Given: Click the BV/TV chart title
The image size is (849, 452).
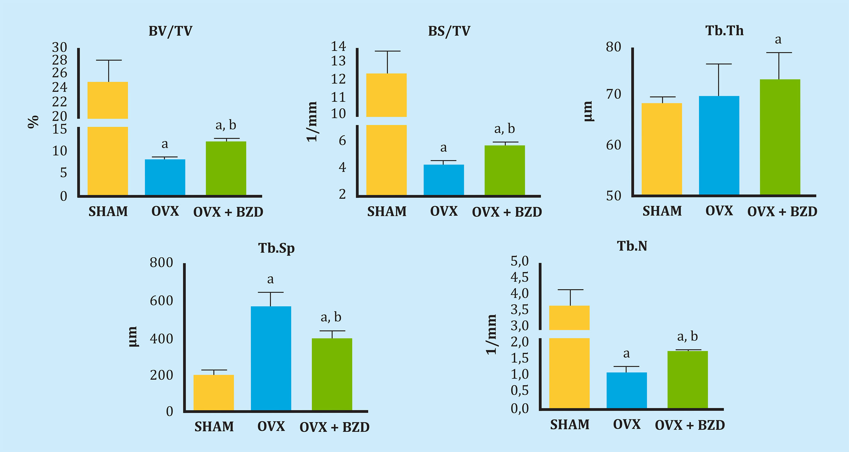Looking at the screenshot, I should pos(170,31).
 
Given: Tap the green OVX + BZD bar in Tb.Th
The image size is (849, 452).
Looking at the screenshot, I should pos(780,137).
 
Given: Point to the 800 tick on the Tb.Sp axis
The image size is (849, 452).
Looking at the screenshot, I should pos(161,263).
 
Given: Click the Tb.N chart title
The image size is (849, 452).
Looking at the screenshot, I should pos(632,246).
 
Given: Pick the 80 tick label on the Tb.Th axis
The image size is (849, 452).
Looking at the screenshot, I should pos(613,47).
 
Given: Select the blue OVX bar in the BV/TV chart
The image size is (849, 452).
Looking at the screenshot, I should pos(165,177).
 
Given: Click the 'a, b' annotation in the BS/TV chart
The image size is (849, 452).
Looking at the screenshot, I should pos(504,129).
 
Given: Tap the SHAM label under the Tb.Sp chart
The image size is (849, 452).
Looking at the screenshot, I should pos(214,427).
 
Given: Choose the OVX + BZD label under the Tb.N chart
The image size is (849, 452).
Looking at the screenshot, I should pos(690,425).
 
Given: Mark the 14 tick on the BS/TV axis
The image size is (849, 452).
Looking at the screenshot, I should pos(338,47).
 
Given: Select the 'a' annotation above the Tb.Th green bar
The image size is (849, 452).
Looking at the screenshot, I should pos(778,40).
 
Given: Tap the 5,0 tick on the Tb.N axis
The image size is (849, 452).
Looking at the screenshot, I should pos(519,261).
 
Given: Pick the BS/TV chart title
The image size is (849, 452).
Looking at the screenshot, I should pos(449,31).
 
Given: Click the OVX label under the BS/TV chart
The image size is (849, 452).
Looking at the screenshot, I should pos(444,211).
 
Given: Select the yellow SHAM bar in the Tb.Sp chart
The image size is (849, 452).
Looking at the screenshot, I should pos(214,392).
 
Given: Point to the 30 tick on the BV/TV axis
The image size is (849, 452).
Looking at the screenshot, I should pos(60,47).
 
